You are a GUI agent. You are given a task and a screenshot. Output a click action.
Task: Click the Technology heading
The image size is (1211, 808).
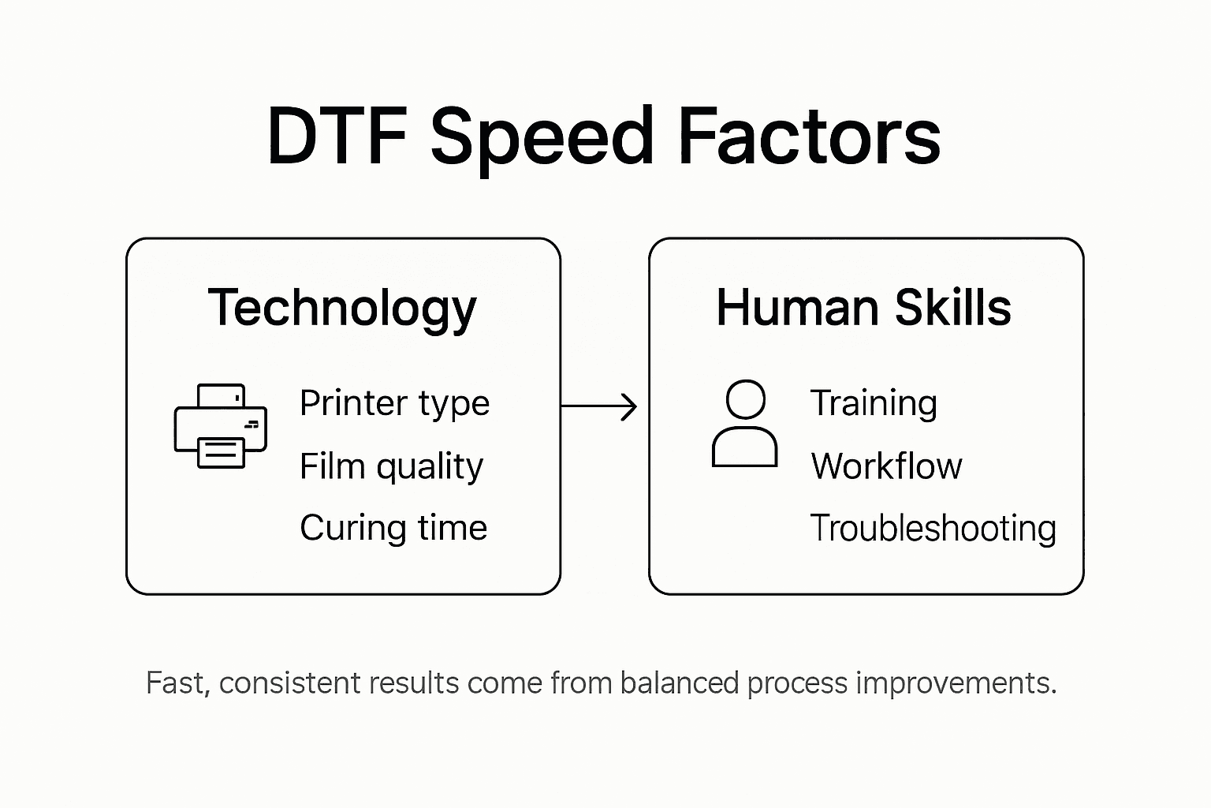coord(342,308)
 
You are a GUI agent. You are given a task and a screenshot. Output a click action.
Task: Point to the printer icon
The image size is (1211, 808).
coord(221,426)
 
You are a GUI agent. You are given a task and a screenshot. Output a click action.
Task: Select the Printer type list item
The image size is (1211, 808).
coord(394,404)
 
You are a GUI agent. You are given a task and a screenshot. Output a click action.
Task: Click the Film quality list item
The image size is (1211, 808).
coord(391,466)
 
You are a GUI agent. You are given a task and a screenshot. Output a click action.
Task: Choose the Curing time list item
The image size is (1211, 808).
coord(393,528)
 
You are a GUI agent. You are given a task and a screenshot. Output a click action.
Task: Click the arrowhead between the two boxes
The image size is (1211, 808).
coord(628,406)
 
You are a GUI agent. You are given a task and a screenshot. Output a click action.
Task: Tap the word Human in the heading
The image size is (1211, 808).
coord(796,307)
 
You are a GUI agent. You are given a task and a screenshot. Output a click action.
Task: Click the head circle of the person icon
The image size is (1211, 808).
coord(745,399)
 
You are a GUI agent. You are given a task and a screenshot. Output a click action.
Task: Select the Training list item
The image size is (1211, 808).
coord(874,404)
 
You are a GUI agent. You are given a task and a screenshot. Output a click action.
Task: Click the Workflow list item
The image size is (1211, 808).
coord(886,466)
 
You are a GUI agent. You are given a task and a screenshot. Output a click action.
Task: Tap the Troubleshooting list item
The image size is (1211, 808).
coord(933,528)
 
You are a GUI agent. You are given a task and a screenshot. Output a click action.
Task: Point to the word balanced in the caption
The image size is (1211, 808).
coord(680,683)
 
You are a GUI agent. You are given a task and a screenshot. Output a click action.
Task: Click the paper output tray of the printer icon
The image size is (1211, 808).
coord(221,452)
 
